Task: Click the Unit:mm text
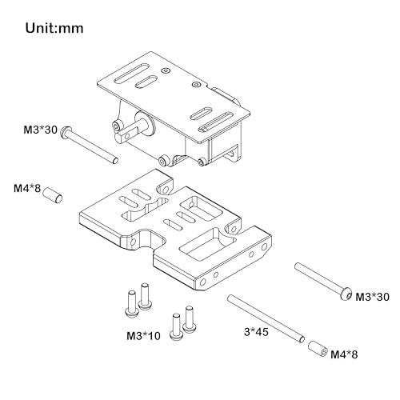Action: (54, 28)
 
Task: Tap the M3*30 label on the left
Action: (41, 130)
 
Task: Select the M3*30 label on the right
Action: (372, 297)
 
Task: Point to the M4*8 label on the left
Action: (27, 189)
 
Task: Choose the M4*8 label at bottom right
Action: (344, 354)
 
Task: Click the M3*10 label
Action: (143, 336)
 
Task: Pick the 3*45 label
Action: (256, 332)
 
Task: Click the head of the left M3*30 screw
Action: (65, 132)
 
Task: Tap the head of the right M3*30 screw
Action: (346, 294)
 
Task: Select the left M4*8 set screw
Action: (53, 195)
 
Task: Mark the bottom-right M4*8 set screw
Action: (318, 349)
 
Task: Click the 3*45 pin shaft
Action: (266, 318)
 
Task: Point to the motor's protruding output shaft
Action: (128, 132)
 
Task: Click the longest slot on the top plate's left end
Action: (132, 74)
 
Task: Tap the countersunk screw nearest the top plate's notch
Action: (197, 84)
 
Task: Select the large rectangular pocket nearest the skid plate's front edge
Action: (207, 245)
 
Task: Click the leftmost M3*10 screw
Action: (131, 304)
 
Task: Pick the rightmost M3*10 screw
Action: (190, 319)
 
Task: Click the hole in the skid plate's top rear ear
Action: (166, 190)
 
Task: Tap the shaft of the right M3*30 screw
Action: (318, 277)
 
